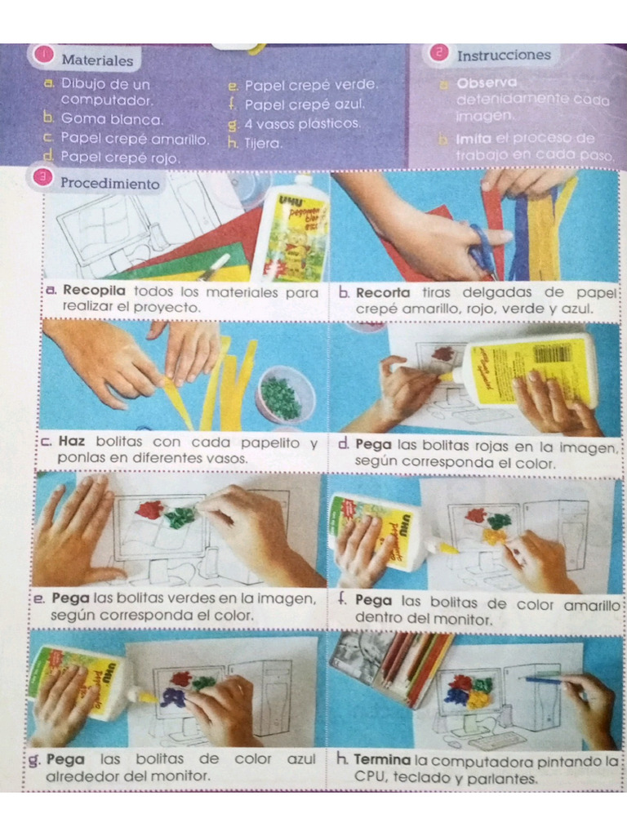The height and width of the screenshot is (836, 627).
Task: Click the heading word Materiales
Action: click(97, 60)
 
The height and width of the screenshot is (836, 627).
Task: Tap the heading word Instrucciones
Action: click(503, 56)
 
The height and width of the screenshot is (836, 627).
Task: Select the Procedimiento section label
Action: click(109, 184)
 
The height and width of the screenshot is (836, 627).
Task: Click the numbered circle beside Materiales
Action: click(44, 55)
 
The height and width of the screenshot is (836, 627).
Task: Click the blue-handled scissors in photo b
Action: click(482, 250)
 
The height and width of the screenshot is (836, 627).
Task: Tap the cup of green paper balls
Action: click(283, 396)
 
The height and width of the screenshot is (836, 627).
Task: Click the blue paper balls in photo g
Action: click(174, 696)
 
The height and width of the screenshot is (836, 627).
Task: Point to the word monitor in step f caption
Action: click(461, 620)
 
